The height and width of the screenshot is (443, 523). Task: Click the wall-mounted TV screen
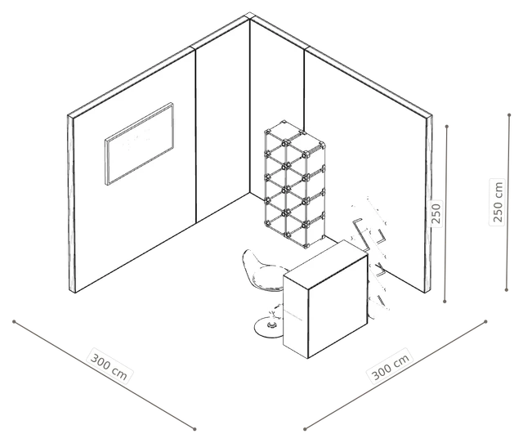tap(140, 144)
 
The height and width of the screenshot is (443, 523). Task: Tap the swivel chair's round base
tap(269, 327)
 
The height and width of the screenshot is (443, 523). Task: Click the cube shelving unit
tap(295, 184)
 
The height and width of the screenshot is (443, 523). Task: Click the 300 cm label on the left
tap(110, 367)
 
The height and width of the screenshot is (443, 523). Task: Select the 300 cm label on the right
tap(390, 366)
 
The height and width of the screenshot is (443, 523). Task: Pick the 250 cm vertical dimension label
tap(498, 202)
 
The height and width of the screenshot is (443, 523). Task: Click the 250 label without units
tap(436, 213)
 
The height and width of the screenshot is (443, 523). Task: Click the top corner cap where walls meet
tap(249, 16)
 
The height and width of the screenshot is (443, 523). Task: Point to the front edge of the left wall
tap(71, 204)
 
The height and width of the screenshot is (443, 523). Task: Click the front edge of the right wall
tap(428, 204)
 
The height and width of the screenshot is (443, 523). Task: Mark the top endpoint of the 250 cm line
tap(509, 115)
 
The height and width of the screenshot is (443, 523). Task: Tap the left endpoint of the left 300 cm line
tap(14, 321)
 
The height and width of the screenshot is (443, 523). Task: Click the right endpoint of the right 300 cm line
tap(485, 321)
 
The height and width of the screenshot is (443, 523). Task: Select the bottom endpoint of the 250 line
tap(445, 302)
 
